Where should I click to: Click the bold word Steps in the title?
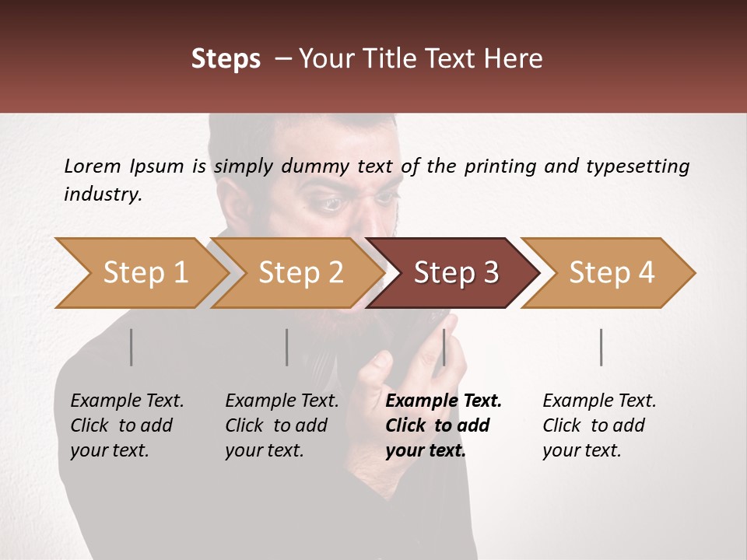[x=226, y=59]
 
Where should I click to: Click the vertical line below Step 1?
[x=132, y=347]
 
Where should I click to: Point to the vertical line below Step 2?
[x=287, y=347]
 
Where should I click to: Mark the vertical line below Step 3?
[x=444, y=347]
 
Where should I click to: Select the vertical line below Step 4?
[x=601, y=347]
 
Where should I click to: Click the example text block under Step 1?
[x=127, y=425]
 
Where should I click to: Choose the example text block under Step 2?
[x=282, y=425]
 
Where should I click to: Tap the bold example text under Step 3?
[x=443, y=425]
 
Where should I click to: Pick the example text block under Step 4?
[x=599, y=425]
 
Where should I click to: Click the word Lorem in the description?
[x=93, y=166]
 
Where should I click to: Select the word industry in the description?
[x=102, y=194]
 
